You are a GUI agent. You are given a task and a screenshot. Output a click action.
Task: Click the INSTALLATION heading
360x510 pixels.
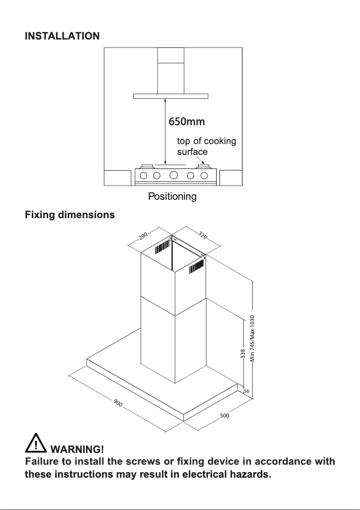pyautogui.click(x=62, y=36)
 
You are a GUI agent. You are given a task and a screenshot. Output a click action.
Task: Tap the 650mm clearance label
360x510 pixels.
pyautogui.click(x=186, y=121)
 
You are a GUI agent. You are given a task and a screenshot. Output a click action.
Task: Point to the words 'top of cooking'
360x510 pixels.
pyautogui.click(x=206, y=141)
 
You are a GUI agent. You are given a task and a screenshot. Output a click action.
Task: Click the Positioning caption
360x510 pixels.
pyautogui.click(x=172, y=197)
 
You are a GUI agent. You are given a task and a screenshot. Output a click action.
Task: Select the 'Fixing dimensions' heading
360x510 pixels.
pyautogui.click(x=70, y=215)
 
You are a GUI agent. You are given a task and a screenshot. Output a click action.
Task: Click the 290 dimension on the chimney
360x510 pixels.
pyautogui.click(x=143, y=237)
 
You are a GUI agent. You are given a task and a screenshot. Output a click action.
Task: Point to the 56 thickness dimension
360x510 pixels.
pyautogui.click(x=246, y=391)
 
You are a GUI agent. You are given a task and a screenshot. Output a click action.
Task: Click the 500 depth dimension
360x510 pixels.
pyautogui.click(x=224, y=416)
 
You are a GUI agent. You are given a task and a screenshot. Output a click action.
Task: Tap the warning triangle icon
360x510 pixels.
pyautogui.click(x=36, y=443)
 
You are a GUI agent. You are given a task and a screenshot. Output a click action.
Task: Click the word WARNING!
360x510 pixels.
pyautogui.click(x=78, y=449)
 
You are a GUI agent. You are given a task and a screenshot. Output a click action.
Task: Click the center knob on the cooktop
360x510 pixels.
pyautogui.click(x=174, y=175)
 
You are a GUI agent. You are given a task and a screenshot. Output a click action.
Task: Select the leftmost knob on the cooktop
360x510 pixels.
pyautogui.click(x=145, y=175)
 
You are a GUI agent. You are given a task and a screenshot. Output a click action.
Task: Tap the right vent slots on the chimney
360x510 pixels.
pyautogui.click(x=197, y=268)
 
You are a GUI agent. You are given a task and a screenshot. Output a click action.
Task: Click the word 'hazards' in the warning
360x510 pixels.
pyautogui.click(x=249, y=475)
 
